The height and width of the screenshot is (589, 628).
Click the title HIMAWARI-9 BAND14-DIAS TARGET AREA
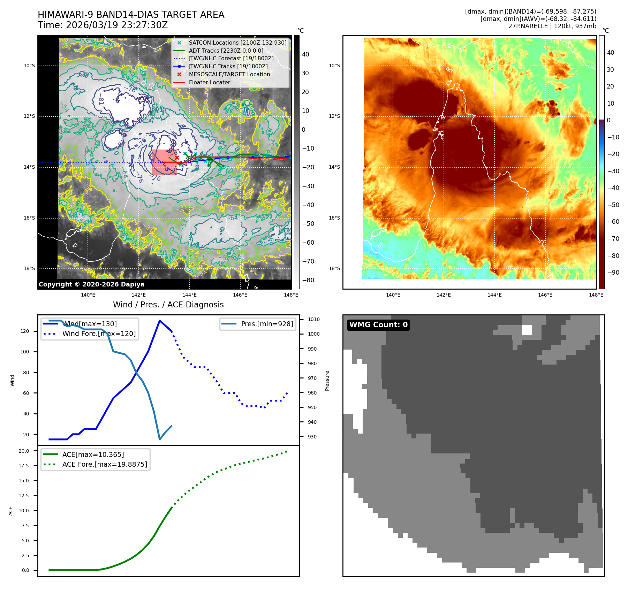(131, 15)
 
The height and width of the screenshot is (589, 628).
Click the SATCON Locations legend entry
(237, 43)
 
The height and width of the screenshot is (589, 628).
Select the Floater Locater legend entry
(209, 82)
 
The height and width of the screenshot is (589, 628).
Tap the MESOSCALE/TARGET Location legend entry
(229, 74)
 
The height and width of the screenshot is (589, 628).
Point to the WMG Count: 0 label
(378, 325)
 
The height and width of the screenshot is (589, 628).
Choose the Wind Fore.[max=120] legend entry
(99, 334)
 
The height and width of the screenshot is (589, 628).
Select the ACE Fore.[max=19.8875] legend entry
(105, 464)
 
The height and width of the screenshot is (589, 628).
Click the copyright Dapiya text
(91, 284)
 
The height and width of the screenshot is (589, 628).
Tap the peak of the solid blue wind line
(160, 321)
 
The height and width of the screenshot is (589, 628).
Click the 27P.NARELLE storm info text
(552, 26)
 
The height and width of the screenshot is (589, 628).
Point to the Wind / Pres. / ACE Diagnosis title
(168, 305)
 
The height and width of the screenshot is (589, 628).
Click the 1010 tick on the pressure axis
(313, 319)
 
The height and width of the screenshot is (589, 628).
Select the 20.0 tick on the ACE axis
(24, 451)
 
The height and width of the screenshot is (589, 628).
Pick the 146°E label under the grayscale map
(240, 295)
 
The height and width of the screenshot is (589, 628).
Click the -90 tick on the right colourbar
(613, 273)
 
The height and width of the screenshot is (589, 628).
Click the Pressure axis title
(327, 381)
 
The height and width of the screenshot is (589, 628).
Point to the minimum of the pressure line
(160, 439)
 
